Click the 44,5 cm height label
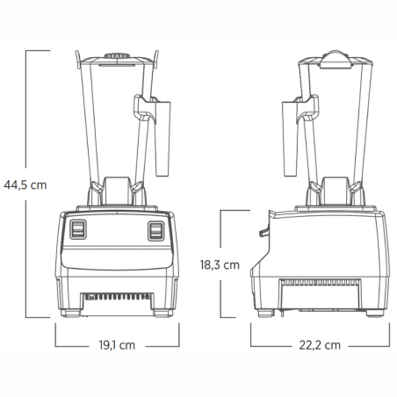point(24,185)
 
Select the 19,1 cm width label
point(117,345)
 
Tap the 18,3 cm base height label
point(219,263)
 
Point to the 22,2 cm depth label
point(318,345)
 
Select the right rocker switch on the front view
point(156,230)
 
